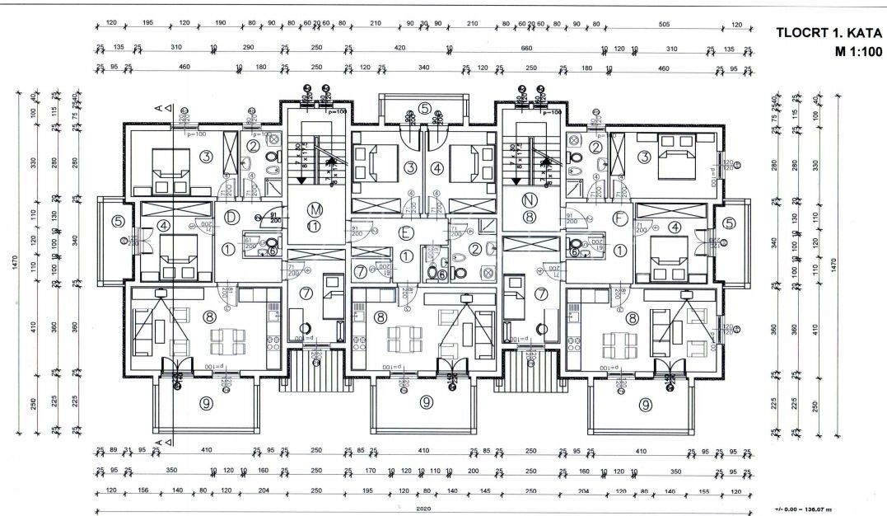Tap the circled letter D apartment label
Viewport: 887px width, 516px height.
pos(233,218)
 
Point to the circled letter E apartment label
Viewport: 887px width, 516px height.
pos(405,233)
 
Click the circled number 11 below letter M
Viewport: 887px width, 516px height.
pos(314,225)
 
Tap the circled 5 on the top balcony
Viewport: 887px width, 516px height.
pos(424,108)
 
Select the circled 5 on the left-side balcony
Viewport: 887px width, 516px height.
pos(119,221)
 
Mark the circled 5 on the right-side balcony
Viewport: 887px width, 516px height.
pos(729,222)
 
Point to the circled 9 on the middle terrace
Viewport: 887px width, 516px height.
pos(427,403)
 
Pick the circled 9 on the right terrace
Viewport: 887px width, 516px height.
pos(645,405)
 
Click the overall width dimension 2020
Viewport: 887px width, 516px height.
pos(423,509)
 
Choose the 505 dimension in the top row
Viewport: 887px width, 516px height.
pos(665,24)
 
